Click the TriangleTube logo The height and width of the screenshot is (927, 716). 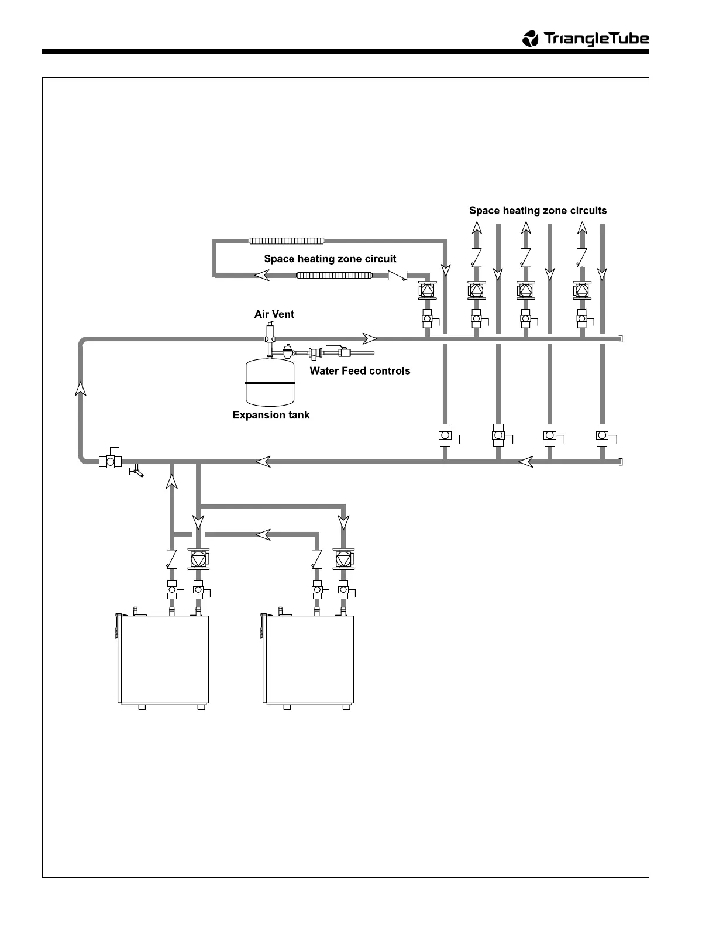pyautogui.click(x=585, y=39)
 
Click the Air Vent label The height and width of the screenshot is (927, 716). pyautogui.click(x=274, y=314)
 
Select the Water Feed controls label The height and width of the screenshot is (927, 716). pyautogui.click(x=360, y=370)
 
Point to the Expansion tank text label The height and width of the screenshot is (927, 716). pyautogui.click(x=271, y=415)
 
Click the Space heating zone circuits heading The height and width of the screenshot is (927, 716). pyautogui.click(x=538, y=211)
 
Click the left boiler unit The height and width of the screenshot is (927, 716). pyautogui.click(x=164, y=660)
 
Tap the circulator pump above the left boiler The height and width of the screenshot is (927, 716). pyautogui.click(x=198, y=559)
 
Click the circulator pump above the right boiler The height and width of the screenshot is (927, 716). pyautogui.click(x=343, y=559)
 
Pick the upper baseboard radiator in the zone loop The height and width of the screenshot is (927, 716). pyautogui.click(x=287, y=241)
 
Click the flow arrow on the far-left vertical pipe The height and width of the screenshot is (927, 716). pyautogui.click(x=81, y=388)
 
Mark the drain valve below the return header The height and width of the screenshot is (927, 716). pyautogui.click(x=136, y=471)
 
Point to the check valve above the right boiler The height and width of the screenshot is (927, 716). pyautogui.click(x=317, y=559)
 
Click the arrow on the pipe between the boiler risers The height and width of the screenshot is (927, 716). pyautogui.click(x=263, y=534)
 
